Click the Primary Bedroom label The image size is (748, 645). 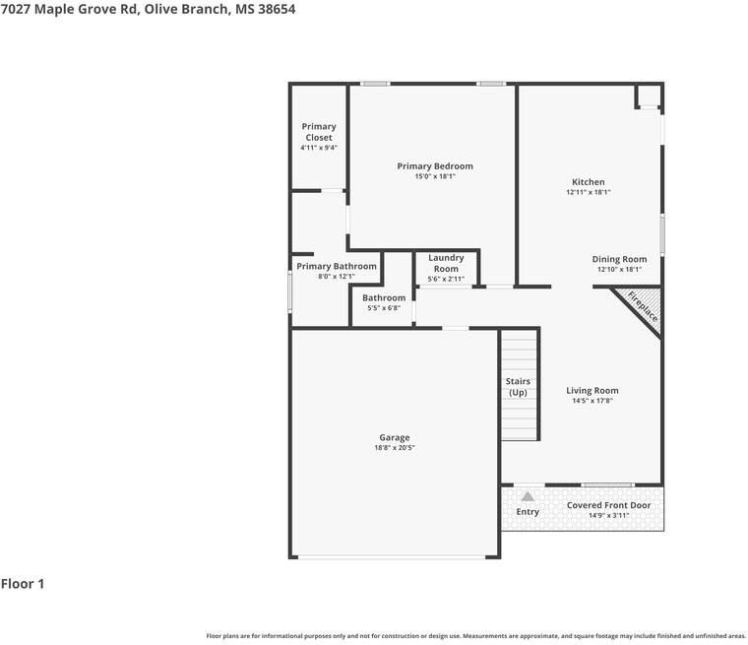pos(435,166)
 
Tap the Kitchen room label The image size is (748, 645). pos(589,182)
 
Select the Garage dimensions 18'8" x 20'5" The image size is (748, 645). pos(395,448)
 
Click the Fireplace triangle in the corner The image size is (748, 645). pos(641,306)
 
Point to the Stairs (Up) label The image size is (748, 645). pos(518,387)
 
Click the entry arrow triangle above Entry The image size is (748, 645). pos(528,496)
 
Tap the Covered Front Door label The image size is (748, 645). pos(608,505)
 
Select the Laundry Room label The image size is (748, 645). pos(446,263)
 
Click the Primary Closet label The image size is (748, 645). pos(319,132)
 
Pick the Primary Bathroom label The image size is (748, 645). pos(337,266)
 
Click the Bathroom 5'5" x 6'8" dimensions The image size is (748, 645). pos(384,308)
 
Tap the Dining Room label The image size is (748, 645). pos(619,259)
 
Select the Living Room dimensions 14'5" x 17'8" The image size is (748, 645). pos(592,401)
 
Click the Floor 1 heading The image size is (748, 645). pos(23,584)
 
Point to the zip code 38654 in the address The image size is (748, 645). pos(275,9)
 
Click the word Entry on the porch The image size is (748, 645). pos(528,511)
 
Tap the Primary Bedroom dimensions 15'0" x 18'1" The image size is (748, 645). pos(435,176)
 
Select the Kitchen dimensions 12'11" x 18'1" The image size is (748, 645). pos(589,192)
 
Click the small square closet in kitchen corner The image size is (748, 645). pos(649,96)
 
